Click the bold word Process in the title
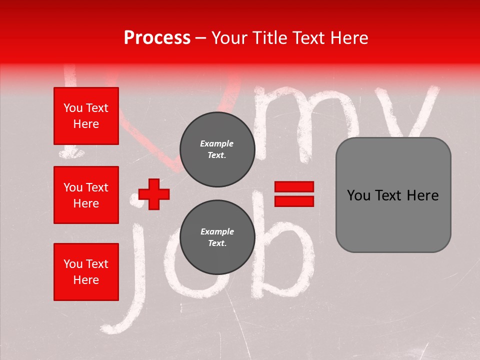click(157, 37)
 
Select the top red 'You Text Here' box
click(86, 116)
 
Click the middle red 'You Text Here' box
click(86, 195)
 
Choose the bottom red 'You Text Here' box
click(86, 271)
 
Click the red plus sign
click(154, 194)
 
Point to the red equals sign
click(294, 194)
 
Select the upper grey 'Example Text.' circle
click(217, 149)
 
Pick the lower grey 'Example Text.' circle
click(217, 237)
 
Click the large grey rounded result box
click(393, 195)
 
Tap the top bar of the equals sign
click(294, 186)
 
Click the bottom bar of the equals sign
click(294, 201)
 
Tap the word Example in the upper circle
click(216, 143)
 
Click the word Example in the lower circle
click(217, 231)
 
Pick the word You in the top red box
click(72, 108)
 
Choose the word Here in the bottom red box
click(86, 280)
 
